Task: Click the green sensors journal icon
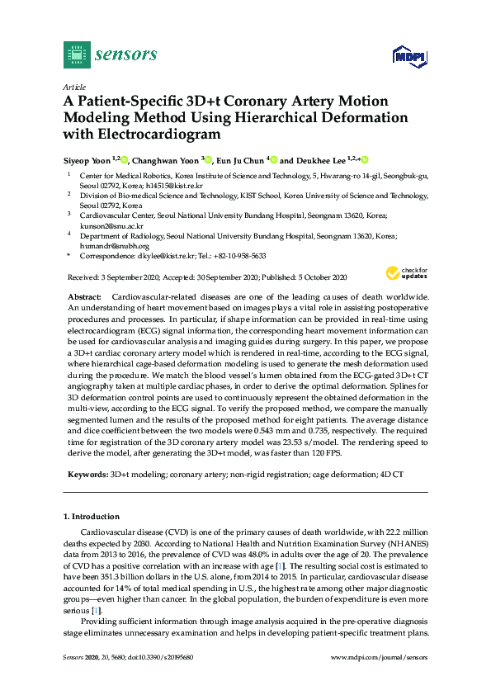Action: (77, 54)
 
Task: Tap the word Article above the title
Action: (74, 85)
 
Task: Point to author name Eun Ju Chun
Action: (241, 159)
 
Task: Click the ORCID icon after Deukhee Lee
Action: (364, 159)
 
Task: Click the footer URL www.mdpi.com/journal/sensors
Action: (379, 679)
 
